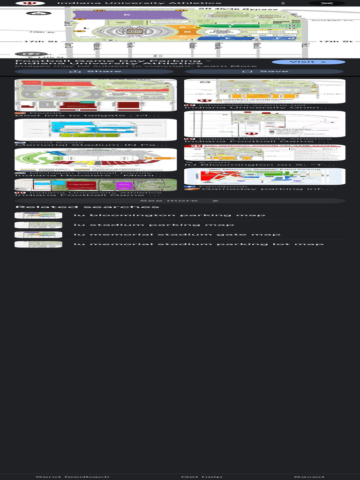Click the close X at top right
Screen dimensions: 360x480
[327, 3]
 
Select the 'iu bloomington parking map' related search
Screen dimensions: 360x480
[169, 216]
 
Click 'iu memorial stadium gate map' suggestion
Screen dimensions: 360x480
[177, 234]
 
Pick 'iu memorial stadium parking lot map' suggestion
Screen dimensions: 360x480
[198, 244]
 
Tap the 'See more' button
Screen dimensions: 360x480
[180, 201]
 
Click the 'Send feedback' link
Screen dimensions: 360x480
[73, 477]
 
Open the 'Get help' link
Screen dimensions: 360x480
[201, 477]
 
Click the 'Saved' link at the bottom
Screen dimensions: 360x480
[308, 477]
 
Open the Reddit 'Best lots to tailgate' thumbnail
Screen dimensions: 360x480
[96, 95]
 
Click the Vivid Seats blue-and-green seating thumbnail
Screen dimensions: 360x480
[96, 129]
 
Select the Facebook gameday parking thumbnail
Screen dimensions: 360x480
[264, 176]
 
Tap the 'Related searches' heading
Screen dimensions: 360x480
[87, 207]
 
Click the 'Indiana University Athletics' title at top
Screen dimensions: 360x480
[139, 3]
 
